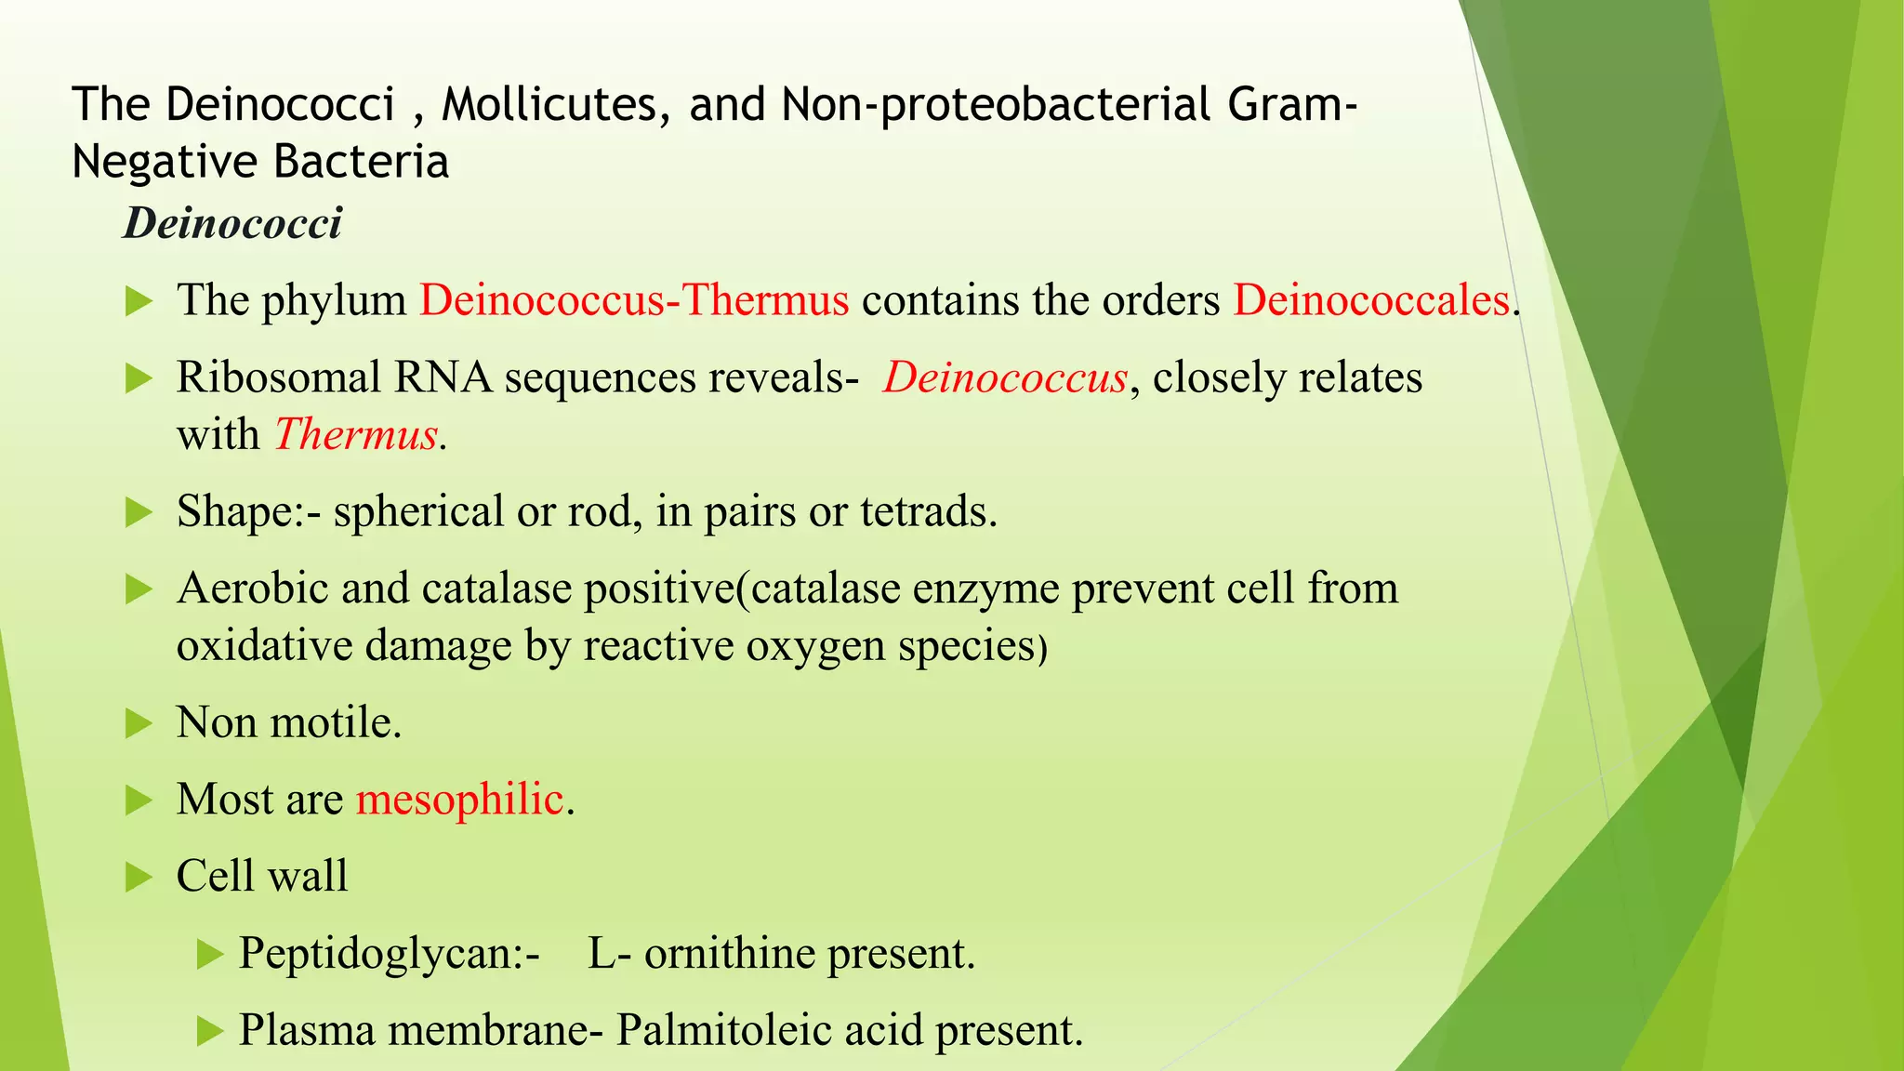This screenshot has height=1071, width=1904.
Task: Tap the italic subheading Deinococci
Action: coord(232,223)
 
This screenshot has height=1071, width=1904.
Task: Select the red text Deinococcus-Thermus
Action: coord(634,300)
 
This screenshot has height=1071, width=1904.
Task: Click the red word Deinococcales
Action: coord(1371,300)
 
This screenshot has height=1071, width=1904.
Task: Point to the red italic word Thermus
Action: coord(356,435)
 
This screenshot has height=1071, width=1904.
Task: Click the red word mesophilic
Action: coord(460,800)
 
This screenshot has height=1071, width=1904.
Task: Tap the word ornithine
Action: coord(729,953)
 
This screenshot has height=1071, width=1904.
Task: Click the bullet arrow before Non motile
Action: coord(139,723)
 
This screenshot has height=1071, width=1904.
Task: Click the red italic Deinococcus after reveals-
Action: coord(1005,377)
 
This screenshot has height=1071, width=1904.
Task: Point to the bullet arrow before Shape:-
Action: coord(139,512)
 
